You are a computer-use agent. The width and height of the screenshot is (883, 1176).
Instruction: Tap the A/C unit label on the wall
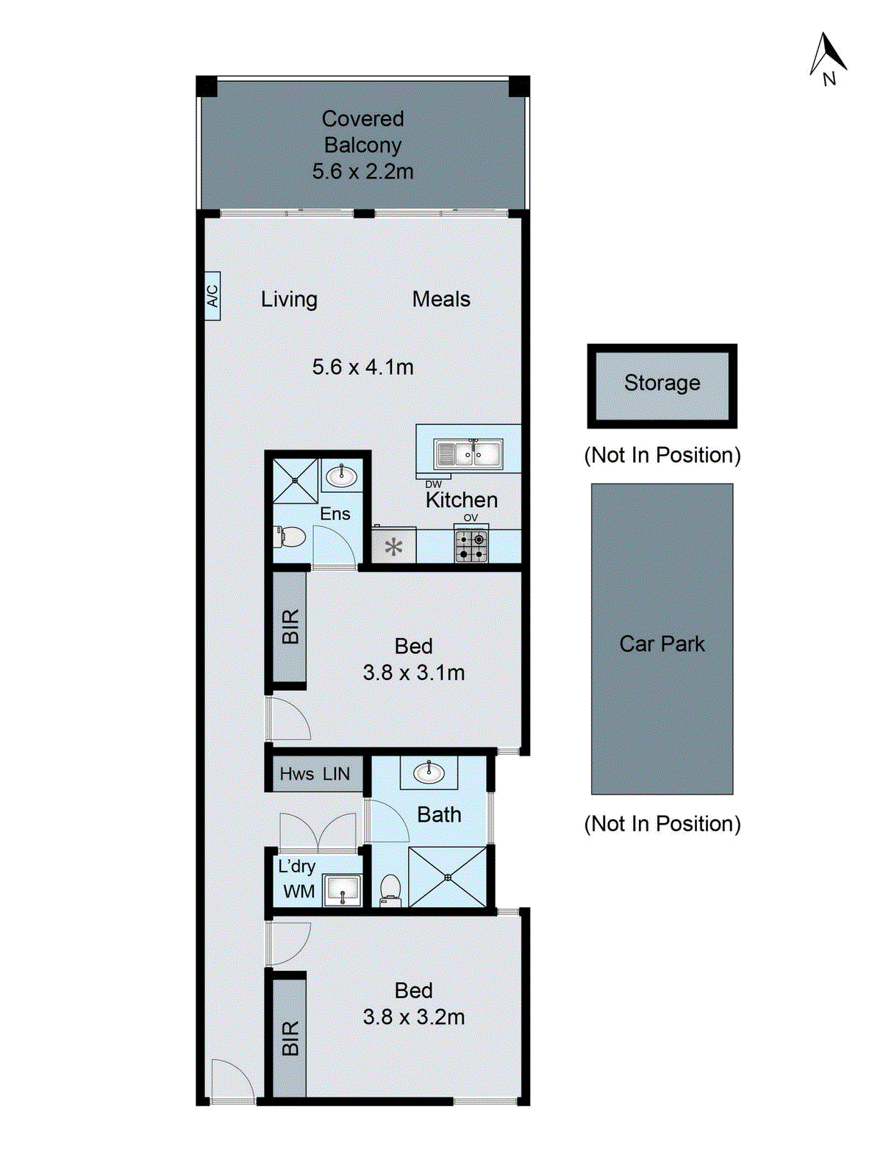[212, 295]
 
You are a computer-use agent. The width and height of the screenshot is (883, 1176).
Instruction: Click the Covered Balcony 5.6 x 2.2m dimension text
[362, 171]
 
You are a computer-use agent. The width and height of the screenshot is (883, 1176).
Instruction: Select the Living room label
[289, 299]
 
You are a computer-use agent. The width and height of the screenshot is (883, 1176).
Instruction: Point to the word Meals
[441, 299]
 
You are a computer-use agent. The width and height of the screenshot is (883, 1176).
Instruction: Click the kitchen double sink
[468, 454]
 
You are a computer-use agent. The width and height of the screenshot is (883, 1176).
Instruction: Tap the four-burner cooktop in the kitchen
[471, 546]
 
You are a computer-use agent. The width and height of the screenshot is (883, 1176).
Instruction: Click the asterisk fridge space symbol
[394, 547]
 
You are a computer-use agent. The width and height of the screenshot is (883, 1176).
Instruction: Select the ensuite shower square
[295, 481]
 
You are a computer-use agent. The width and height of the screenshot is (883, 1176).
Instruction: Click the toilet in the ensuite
[291, 537]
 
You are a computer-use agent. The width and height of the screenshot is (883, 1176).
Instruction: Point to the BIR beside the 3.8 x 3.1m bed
[290, 627]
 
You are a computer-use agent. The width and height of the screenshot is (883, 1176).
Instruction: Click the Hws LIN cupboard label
[315, 774]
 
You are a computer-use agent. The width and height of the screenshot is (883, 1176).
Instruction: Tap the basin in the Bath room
[429, 772]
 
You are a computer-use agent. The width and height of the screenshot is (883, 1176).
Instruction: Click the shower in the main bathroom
[448, 877]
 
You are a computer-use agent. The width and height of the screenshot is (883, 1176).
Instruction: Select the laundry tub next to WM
[342, 890]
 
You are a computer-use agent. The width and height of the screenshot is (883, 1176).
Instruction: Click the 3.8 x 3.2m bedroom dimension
[413, 1017]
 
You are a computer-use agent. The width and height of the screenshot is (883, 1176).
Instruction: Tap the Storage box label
[662, 383]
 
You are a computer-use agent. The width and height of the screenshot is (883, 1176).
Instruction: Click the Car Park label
[662, 644]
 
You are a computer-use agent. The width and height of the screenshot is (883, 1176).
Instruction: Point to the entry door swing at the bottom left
[232, 1080]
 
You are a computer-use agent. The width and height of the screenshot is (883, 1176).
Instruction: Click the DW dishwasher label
[433, 484]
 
